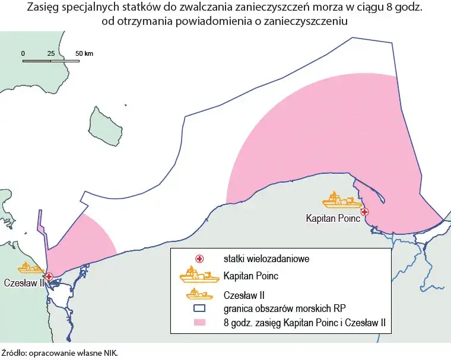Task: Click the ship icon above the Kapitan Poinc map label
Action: [342, 200]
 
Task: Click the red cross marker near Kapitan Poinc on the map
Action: [364, 212]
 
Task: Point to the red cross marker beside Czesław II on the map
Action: [49, 276]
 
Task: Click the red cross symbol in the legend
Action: [200, 259]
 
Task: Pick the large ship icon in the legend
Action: [200, 275]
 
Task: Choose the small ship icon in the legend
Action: [200, 294]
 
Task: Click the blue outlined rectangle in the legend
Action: [200, 308]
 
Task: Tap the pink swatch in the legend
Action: [200, 323]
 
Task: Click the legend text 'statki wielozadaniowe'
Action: [258, 259]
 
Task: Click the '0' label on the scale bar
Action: [23, 53]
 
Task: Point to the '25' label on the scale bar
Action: [51, 53]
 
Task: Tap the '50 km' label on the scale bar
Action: [84, 53]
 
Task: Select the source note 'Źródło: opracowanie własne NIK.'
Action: [60, 352]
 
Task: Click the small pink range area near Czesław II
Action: [83, 243]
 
